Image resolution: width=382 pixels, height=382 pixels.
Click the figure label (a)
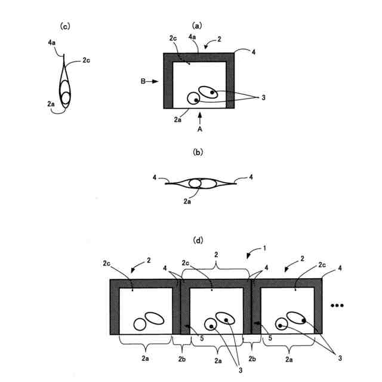click(197, 26)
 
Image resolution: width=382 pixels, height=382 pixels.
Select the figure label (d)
click(198, 241)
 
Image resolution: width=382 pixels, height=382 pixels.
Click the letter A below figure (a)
click(201, 128)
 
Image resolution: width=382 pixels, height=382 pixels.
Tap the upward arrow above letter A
click(201, 116)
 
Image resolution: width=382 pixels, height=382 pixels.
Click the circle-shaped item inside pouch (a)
click(193, 98)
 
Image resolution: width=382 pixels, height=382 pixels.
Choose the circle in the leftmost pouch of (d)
click(140, 324)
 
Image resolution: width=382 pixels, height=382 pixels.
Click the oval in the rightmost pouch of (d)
click(297, 317)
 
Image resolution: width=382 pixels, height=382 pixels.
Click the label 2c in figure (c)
click(86, 61)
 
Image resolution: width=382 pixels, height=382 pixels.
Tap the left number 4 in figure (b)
click(154, 177)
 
